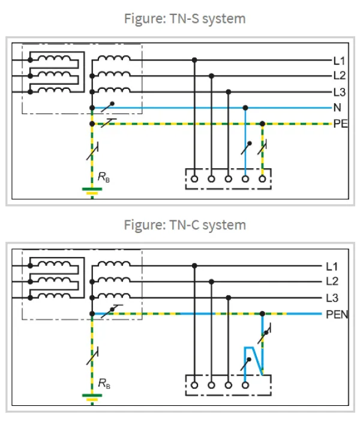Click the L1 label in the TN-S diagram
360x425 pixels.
339,61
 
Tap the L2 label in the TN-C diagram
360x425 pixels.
332,282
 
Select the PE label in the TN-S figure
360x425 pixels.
340,124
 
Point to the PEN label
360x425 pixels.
337,315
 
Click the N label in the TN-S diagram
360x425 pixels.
337,107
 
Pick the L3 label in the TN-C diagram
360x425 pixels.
332,298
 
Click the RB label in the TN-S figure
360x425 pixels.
104,177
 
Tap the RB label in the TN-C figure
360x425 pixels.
104,384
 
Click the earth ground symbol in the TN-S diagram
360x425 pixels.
92,191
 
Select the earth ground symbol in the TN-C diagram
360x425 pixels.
92,397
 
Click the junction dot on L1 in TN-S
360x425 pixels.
194,60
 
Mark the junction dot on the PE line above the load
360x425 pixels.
262,124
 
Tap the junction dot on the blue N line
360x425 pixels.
245,108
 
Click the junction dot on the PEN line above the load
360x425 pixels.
262,314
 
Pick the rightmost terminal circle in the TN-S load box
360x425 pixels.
262,179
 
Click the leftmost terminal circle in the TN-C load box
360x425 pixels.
194,385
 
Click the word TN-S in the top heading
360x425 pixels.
184,19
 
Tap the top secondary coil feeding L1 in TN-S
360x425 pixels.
114,58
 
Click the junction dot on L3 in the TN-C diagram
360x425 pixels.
229,298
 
